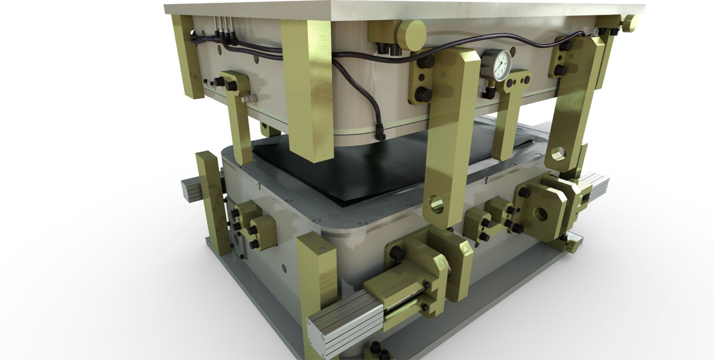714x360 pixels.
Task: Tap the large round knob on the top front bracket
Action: (412, 35)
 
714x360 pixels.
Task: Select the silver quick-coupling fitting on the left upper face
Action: (248, 98)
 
